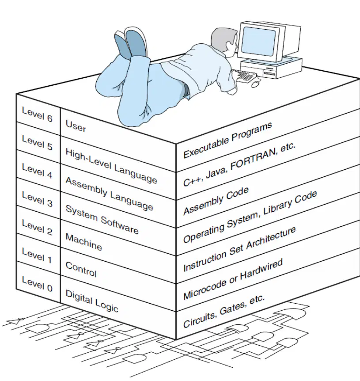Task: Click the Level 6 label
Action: coord(37,114)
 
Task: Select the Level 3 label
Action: coord(37,199)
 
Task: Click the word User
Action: coord(76,126)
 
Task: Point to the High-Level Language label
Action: coord(111,166)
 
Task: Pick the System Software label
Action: coord(102,220)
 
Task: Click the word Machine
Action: coord(84,242)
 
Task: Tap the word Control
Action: coord(81,270)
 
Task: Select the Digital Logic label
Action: coord(92,301)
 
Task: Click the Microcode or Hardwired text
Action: coord(233,279)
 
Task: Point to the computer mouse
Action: coord(255,84)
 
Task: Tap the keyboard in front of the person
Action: coord(244,76)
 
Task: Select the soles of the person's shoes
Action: coord(131,44)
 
